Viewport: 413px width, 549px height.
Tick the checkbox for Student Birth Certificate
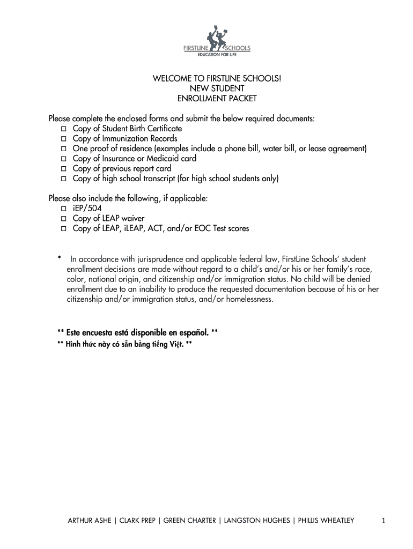point(63,129)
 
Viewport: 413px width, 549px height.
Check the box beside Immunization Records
point(63,139)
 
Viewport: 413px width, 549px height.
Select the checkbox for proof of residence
point(63,149)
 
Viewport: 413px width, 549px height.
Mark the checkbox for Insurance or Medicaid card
point(63,159)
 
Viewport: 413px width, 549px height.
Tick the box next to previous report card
point(63,168)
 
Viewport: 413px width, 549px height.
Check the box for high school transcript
point(63,179)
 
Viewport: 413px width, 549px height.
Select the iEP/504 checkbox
point(63,209)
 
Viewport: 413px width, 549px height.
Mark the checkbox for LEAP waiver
point(63,219)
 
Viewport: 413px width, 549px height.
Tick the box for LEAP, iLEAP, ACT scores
point(63,228)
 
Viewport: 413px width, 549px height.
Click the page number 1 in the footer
point(383,520)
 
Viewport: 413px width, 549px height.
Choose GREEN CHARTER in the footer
point(190,520)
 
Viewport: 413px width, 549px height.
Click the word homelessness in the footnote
point(248,300)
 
